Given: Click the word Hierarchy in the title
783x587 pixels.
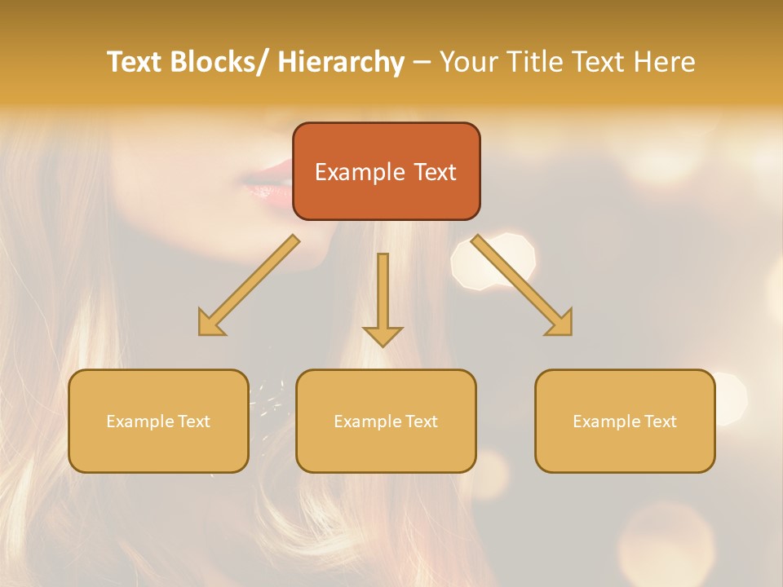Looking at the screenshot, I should click(x=341, y=63).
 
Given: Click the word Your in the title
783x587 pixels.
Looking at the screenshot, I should click(x=469, y=63).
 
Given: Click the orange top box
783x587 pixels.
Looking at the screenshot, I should click(x=386, y=171).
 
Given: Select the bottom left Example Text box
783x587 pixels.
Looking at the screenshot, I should click(x=158, y=421).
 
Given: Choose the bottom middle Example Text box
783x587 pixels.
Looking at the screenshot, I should click(x=386, y=421).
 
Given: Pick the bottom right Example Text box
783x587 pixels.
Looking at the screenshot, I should click(x=625, y=421).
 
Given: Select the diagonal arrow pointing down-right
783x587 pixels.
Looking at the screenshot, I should click(x=522, y=285).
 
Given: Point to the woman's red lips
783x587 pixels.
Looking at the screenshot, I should click(x=266, y=184).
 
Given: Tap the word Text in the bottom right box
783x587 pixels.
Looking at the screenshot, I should click(x=657, y=421).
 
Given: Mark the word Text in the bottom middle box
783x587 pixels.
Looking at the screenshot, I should click(x=418, y=421).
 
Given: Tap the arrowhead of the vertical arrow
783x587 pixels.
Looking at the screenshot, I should click(x=383, y=335).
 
